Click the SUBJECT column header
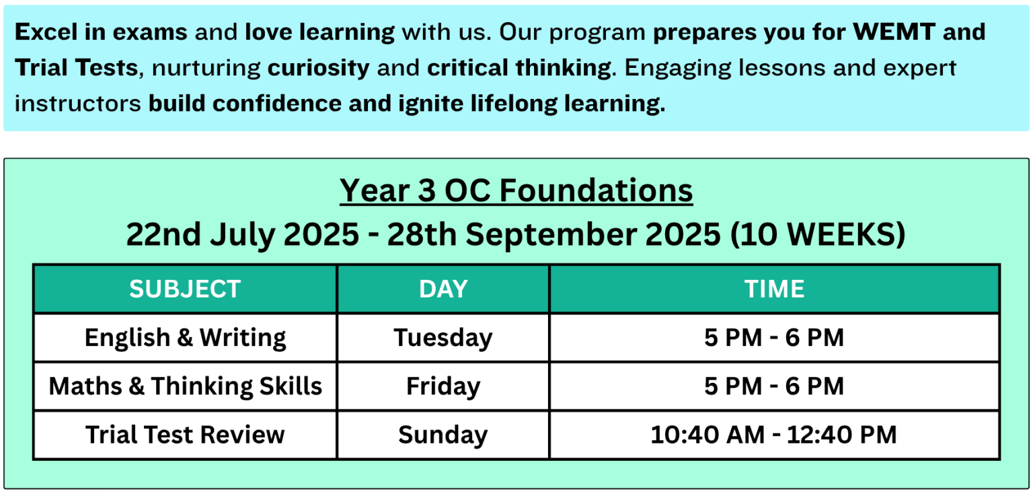point(185,289)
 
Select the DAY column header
point(443,289)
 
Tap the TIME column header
point(774,289)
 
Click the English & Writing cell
point(185,337)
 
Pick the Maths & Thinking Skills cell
point(185,386)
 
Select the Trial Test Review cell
point(185,435)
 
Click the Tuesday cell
point(443,337)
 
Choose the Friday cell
point(443,386)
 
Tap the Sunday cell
point(443,435)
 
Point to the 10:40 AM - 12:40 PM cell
point(774,435)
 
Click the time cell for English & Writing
point(774,337)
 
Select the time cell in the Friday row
point(774,386)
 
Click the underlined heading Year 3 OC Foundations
point(516,190)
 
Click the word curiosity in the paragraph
point(319,67)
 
